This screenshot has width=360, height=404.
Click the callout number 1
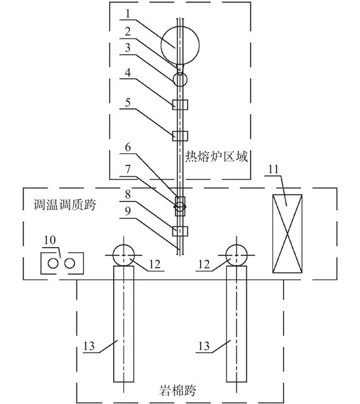128,14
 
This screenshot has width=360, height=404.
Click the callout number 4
128,73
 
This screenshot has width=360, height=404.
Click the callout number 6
128,147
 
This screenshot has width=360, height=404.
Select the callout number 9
128,211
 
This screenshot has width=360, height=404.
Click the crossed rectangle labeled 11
287,234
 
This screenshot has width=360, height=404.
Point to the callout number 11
274,170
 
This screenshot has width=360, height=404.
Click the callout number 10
50,240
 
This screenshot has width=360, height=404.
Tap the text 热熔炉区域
217,157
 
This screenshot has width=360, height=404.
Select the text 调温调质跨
65,205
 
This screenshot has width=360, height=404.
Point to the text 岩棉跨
177,390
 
